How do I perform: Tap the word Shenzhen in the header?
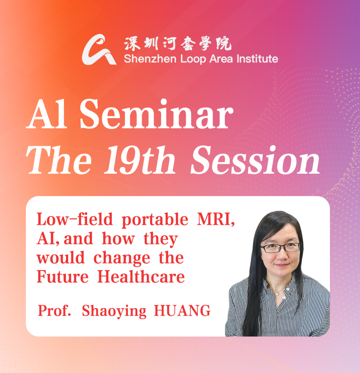150,59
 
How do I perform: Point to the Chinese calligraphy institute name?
178,44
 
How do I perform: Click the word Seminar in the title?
156,114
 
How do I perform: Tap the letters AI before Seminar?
47,114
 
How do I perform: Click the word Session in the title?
255,160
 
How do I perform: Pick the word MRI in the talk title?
216,219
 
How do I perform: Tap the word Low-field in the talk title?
74,219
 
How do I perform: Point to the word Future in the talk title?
63,277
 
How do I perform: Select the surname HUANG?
182,310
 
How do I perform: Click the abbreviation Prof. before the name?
54,310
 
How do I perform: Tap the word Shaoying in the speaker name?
114,311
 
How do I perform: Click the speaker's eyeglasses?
281,248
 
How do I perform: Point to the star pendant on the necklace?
277,294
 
